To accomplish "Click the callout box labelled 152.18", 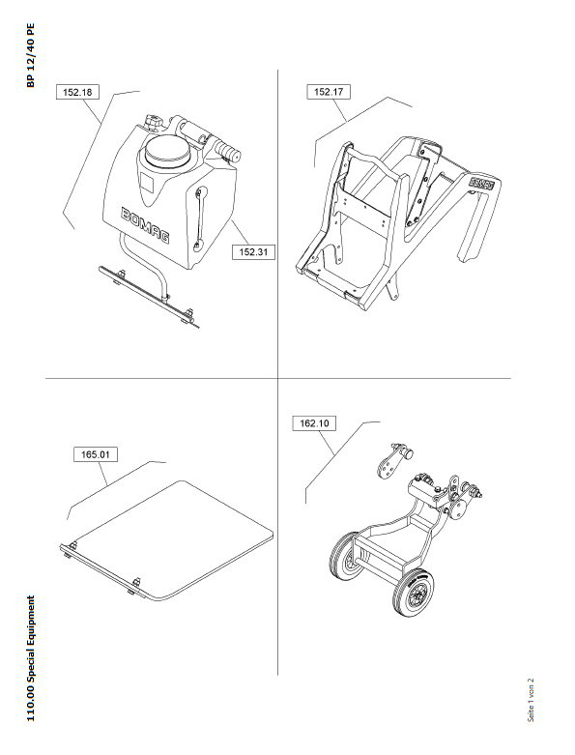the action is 77,92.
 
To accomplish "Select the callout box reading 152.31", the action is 253,251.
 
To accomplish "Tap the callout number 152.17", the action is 329,92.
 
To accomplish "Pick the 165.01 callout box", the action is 96,454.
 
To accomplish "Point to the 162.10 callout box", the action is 314,423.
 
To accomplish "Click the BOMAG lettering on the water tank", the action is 146,225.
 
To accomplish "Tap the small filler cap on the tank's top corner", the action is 154,122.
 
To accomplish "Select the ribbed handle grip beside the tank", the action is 229,150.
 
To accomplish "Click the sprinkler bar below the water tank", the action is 149,296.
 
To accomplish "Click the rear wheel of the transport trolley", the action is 345,556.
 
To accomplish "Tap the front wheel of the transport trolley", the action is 413,593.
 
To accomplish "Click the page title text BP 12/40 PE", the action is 30,56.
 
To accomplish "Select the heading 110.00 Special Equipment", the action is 30,658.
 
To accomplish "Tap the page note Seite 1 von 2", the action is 531,700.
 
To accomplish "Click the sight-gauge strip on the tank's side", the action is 200,219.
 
